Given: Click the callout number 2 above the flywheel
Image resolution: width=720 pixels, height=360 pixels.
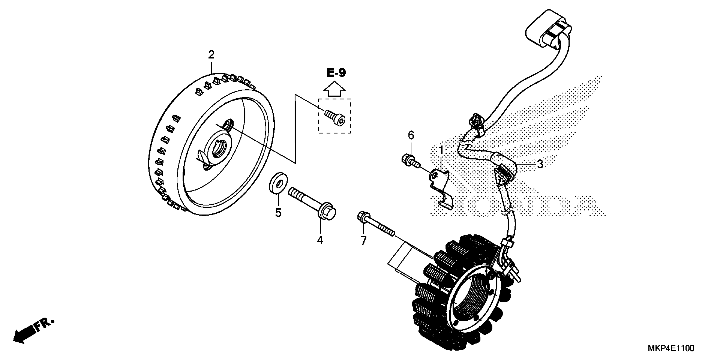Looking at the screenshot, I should point(211,55).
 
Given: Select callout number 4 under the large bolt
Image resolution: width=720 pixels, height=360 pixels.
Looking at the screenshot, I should point(320,240).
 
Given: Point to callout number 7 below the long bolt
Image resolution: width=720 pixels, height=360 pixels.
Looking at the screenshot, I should point(363,241).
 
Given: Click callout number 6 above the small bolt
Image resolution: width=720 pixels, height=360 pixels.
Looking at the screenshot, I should point(411,136).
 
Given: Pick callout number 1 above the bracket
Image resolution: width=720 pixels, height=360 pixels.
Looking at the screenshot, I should point(441,150).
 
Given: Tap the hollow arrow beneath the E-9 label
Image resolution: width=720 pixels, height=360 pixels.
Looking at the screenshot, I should point(335,89).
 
